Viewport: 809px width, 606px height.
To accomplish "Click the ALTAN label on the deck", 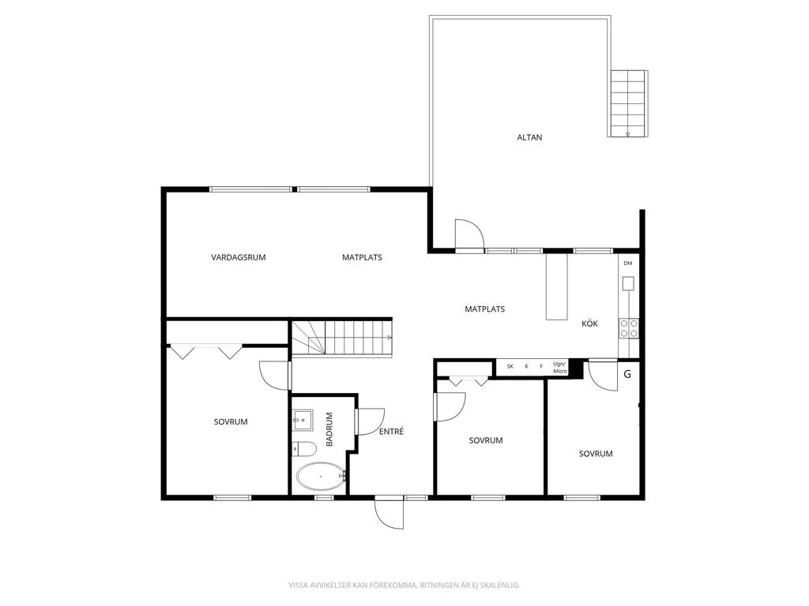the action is pos(529,137).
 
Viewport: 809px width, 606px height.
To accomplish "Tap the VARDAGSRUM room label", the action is pos(239,257).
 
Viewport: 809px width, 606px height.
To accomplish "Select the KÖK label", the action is pos(589,324).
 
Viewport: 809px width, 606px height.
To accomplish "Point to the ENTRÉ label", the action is pos(391,432).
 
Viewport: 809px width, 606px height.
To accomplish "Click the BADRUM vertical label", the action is pos(329,429).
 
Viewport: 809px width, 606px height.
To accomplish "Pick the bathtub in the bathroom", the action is pos(321,477).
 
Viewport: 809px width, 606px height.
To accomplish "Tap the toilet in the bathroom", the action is pos(304,450).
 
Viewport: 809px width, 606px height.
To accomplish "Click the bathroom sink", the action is pos(303,421).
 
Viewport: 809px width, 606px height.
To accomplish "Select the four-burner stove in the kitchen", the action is pos(629,329).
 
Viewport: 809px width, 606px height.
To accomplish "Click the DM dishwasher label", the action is pos(628,264).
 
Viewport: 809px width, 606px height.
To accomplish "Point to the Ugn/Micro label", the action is pos(560,368).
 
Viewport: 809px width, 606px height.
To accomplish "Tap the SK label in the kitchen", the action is pos(510,366).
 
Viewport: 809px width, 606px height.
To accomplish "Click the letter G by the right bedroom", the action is pos(627,374).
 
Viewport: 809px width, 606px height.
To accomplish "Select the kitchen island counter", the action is pos(557,286).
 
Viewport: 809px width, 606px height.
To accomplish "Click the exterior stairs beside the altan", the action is pos(628,103).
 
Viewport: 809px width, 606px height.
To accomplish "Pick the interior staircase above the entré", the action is pos(341,338).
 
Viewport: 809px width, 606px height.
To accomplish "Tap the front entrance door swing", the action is pos(389,514).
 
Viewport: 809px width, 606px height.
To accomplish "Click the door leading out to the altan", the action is pos(469,235).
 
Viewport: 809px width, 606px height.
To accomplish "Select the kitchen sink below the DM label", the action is pos(628,283).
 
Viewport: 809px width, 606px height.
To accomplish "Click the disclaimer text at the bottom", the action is pos(404,585).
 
